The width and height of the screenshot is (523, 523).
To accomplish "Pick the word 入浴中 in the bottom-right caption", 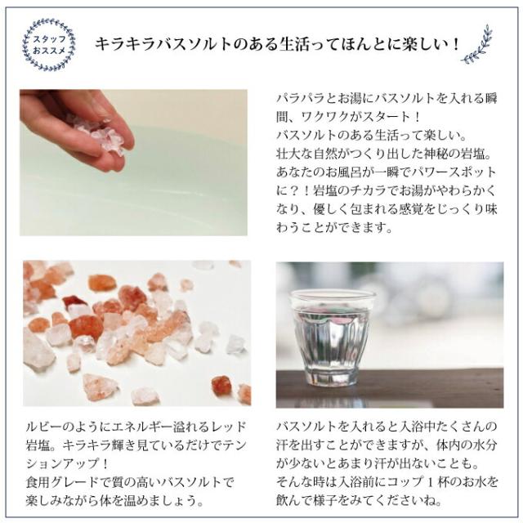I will (408, 426).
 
